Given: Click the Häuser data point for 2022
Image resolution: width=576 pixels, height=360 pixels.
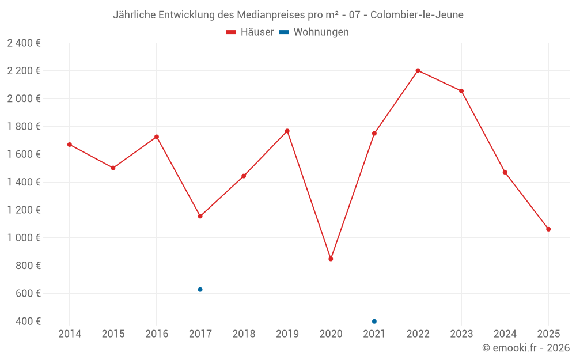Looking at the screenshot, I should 418,71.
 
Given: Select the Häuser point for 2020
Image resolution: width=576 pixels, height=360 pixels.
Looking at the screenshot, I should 331,259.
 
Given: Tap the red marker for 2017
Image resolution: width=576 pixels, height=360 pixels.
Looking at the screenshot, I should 200,216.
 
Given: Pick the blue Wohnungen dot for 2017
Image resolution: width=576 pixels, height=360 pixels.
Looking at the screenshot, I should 200,290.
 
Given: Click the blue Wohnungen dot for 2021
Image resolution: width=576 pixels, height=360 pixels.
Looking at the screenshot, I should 374,321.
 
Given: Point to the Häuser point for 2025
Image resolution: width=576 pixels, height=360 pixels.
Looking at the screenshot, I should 548,229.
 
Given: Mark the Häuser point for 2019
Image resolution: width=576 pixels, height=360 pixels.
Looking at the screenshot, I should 287,131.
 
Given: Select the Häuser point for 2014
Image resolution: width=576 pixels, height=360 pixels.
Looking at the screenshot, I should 70,145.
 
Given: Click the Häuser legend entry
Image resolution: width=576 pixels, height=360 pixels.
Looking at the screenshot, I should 250,32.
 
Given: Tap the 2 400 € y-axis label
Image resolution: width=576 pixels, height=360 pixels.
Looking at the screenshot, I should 24,43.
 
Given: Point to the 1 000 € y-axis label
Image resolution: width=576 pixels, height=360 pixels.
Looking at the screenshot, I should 24,238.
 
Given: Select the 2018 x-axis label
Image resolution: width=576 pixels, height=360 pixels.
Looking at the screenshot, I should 244,334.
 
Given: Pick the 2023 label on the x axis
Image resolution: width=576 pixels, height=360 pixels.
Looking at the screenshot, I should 461,334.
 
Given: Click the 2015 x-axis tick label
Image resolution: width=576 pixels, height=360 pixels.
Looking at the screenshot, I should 113,334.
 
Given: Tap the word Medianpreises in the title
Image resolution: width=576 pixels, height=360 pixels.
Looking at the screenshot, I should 272,14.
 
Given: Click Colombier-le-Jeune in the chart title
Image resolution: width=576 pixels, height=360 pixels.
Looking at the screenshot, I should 416,14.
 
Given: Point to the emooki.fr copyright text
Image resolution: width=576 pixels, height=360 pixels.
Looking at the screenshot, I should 526,348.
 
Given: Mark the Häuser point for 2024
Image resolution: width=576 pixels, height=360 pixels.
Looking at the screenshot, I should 505,172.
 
